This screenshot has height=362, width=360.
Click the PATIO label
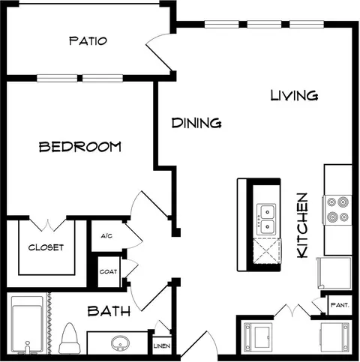[88, 41]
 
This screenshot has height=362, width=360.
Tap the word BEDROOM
[80, 147]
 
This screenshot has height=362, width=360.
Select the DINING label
[196, 123]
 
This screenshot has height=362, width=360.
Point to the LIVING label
[295, 95]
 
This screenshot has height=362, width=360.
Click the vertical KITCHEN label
[302, 226]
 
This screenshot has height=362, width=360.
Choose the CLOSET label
[46, 247]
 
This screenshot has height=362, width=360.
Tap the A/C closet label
[106, 236]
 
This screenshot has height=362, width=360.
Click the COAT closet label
[108, 271]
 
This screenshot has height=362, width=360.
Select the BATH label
[109, 311]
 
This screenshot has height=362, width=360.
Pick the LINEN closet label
[162, 346]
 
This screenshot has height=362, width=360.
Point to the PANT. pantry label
[340, 305]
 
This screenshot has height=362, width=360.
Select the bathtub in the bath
[27, 325]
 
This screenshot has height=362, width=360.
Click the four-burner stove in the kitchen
[337, 210]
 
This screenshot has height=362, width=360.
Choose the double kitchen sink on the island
[266, 220]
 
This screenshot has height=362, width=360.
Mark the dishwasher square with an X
[267, 251]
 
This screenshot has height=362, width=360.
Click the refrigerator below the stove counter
[334, 273]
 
